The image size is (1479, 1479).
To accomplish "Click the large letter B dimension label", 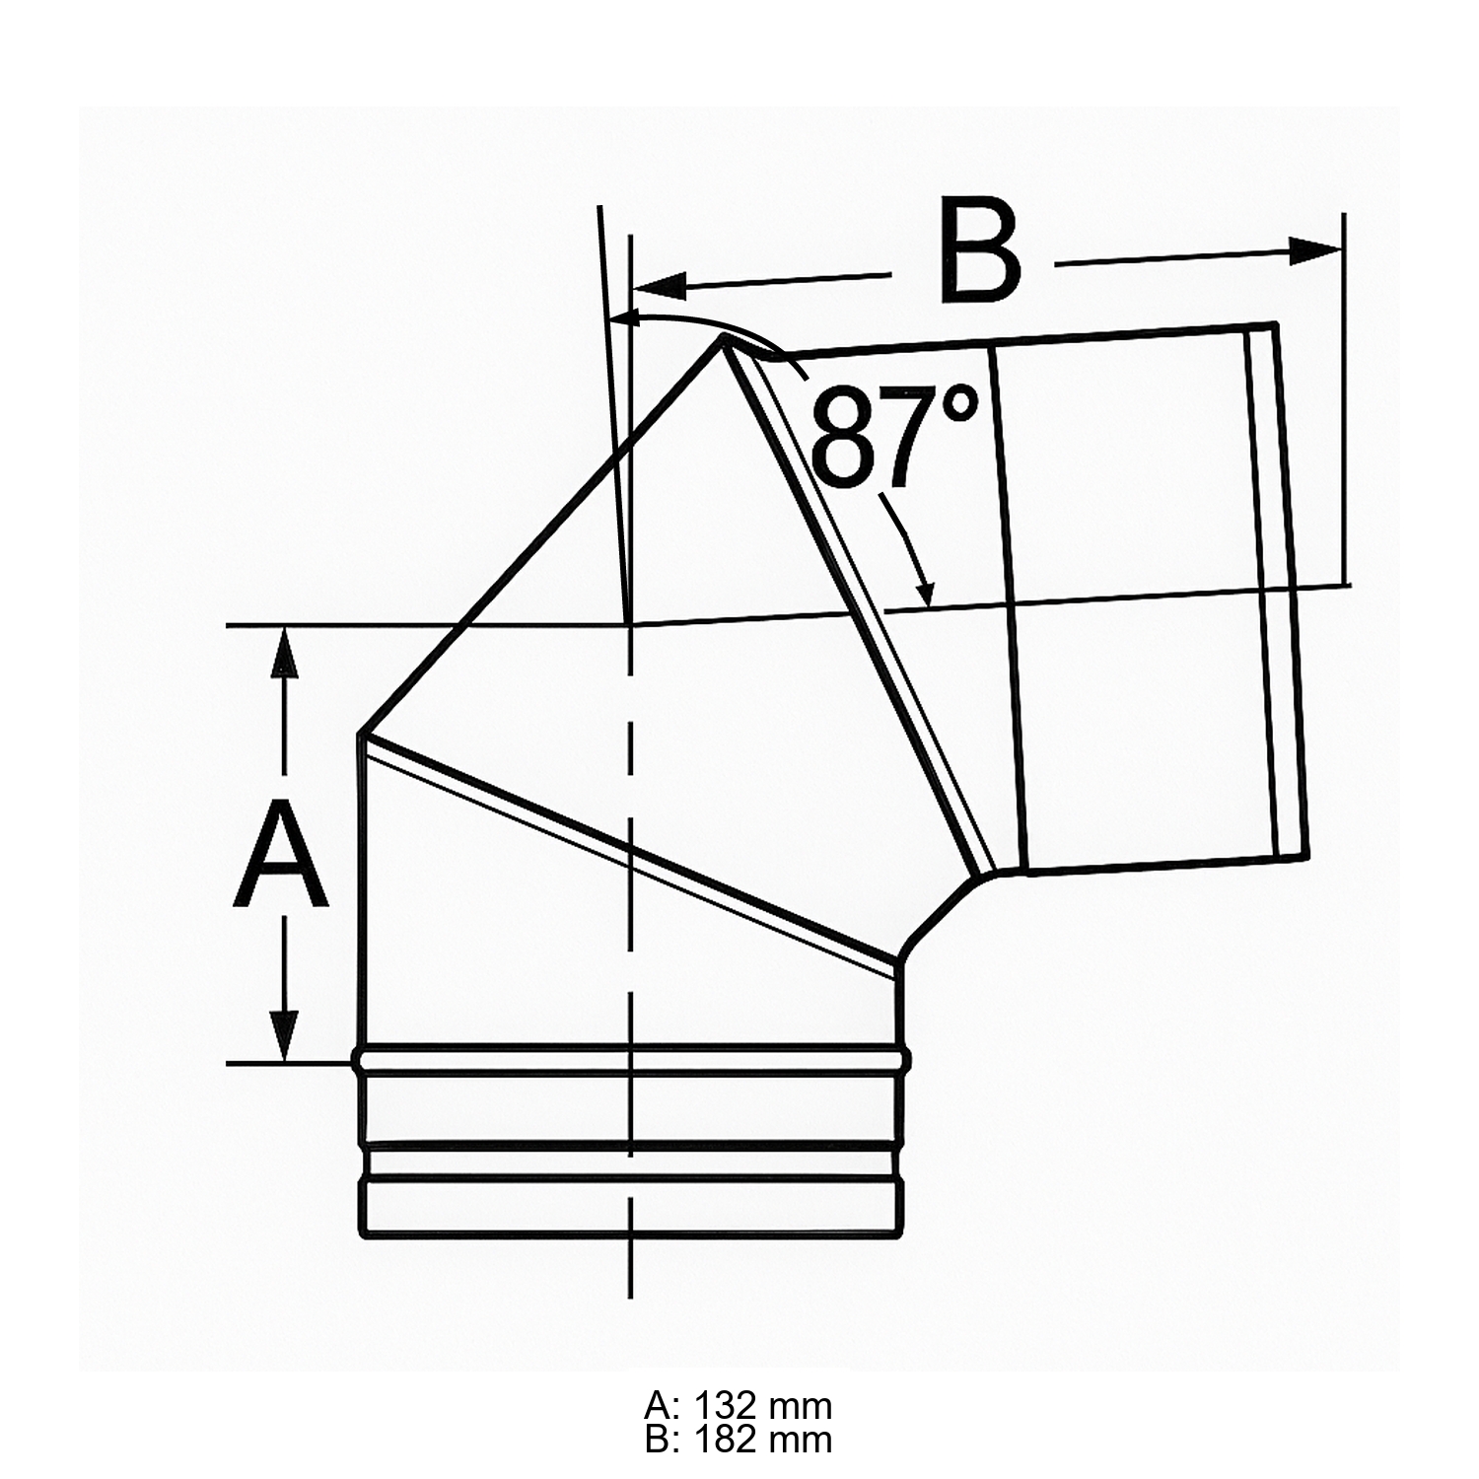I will (981, 249).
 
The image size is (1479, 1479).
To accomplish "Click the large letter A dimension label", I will (281, 854).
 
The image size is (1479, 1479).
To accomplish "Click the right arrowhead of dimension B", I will (1316, 250).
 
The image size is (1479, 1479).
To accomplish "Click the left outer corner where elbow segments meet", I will (361, 736).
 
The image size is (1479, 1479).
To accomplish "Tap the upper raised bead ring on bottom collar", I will (631, 1060).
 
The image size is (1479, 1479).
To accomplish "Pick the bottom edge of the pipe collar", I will (631, 1234).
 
